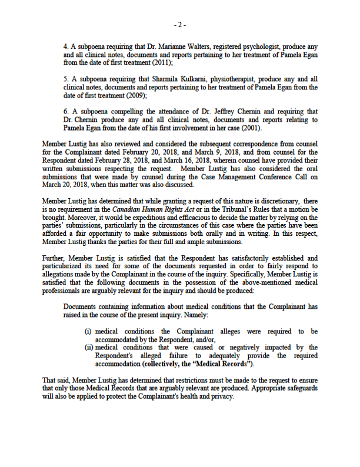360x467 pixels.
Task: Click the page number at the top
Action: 180,25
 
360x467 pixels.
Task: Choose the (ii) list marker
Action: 89,347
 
